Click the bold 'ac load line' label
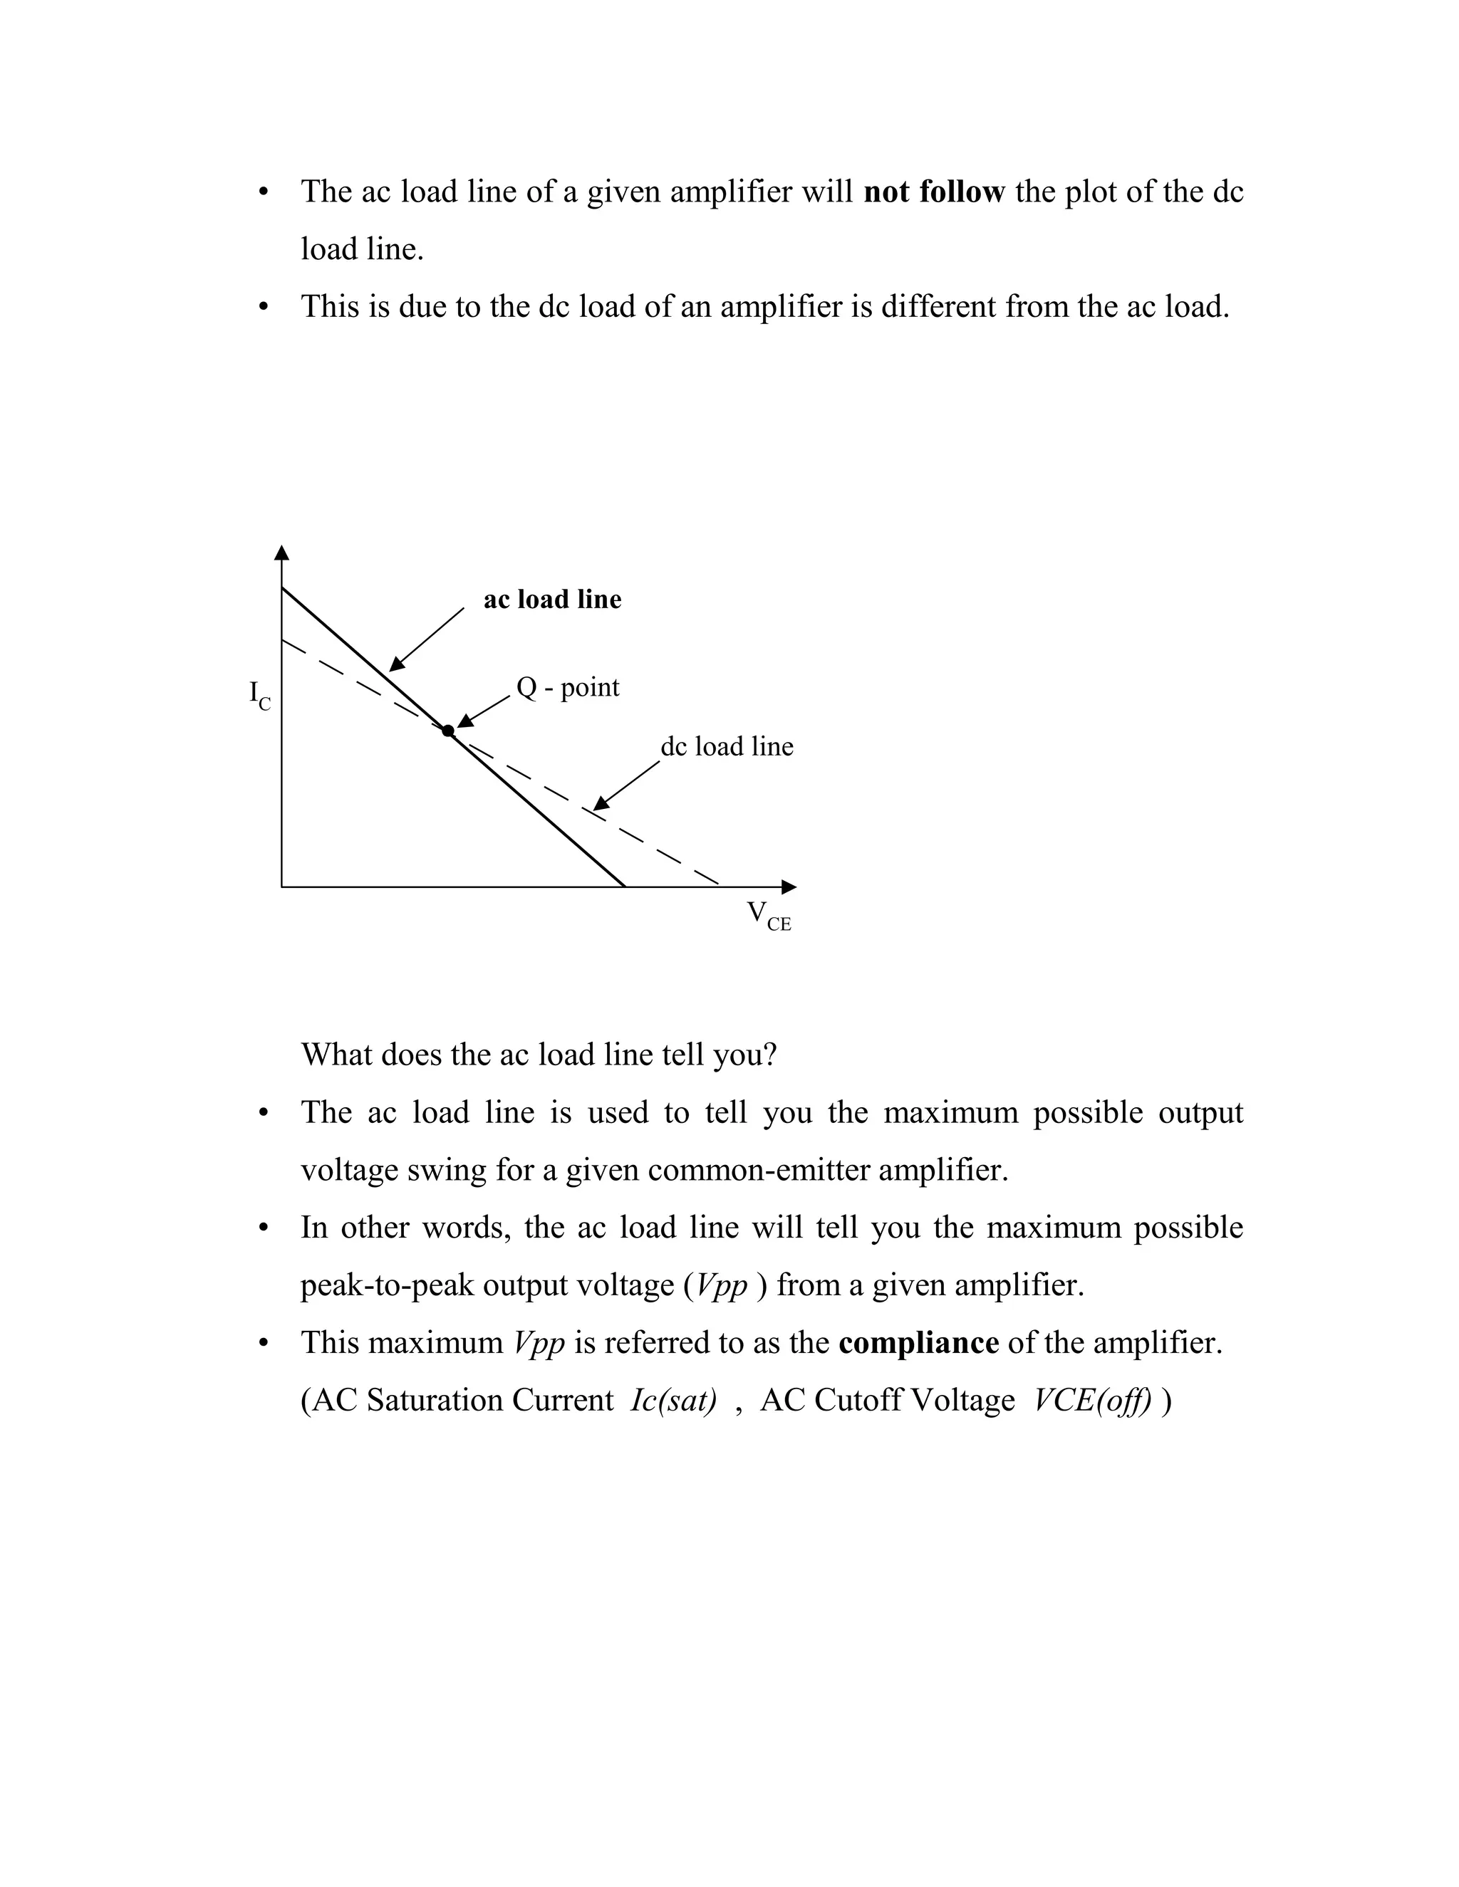tap(552, 599)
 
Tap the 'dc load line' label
tap(726, 746)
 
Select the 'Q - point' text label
tap(567, 688)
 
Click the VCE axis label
tap(767, 915)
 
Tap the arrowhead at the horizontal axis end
tap(789, 887)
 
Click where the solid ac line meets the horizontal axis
tap(624, 886)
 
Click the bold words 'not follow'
tap(933, 192)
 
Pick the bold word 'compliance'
tap(918, 1343)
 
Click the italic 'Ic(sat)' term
tap(673, 1401)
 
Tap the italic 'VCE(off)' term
tap(1093, 1401)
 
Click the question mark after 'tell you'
tap(770, 1055)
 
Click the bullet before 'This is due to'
tap(264, 308)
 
